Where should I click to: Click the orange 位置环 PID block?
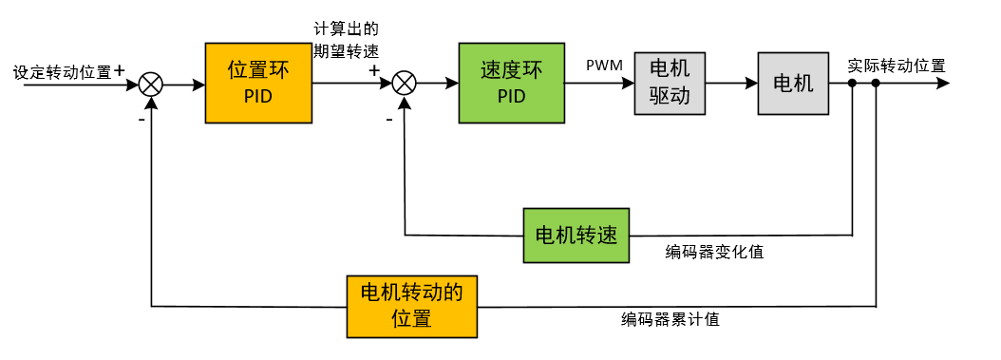click(258, 84)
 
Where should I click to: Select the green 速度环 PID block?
click(511, 84)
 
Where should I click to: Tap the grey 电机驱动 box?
click(670, 83)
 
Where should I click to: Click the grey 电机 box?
click(793, 83)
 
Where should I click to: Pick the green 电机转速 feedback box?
click(576, 235)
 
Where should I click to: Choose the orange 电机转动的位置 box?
click(411, 306)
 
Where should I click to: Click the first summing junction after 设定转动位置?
click(151, 84)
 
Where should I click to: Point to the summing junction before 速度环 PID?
click(405, 84)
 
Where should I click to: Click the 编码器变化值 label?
click(714, 252)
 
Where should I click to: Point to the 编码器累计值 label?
click(670, 319)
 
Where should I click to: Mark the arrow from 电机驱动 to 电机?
click(731, 84)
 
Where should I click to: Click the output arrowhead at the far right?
click(941, 84)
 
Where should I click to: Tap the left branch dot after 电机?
click(852, 84)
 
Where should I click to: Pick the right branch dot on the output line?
click(876, 84)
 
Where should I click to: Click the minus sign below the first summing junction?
click(141, 121)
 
